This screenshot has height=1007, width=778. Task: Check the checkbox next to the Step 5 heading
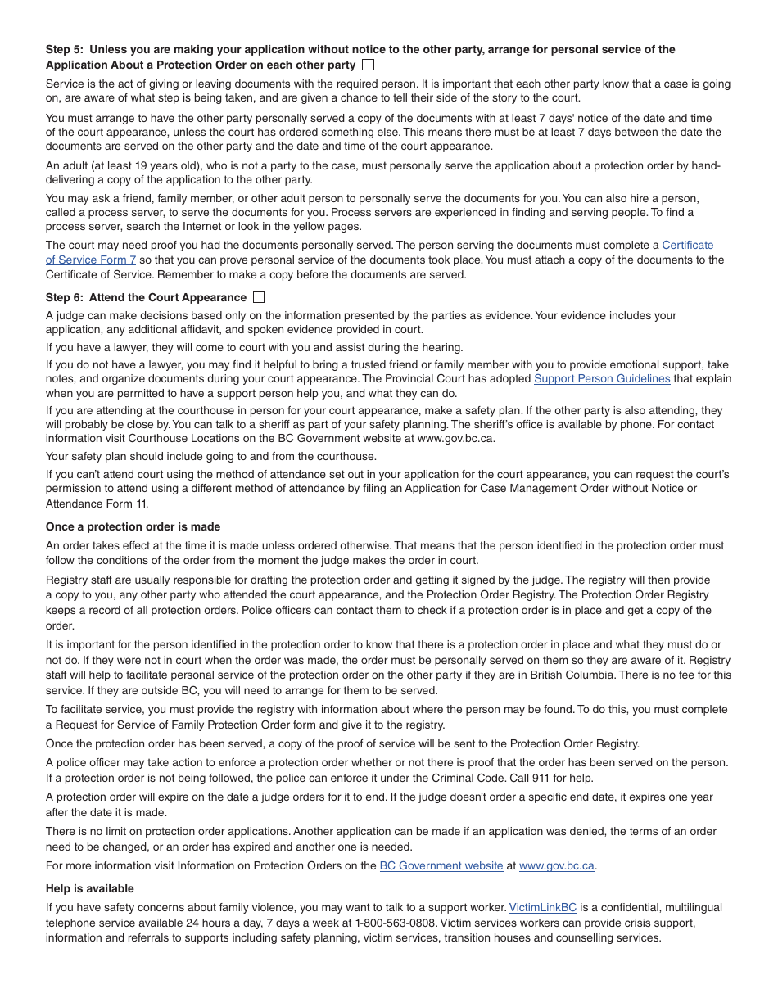pos(368,65)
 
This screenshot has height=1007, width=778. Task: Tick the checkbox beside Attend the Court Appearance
pos(259,297)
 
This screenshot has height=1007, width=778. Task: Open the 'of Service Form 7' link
pos(91,260)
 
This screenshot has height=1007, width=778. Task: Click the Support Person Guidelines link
pos(602,379)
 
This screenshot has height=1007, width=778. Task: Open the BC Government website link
pos(441,866)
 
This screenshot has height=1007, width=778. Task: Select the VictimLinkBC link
pos(543,908)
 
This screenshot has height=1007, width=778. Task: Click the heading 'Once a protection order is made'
pos(133,527)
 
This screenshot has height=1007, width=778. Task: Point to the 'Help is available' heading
pos(90,889)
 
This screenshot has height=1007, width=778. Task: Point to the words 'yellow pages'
pos(327,227)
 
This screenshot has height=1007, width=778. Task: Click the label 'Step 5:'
pos(65,50)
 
